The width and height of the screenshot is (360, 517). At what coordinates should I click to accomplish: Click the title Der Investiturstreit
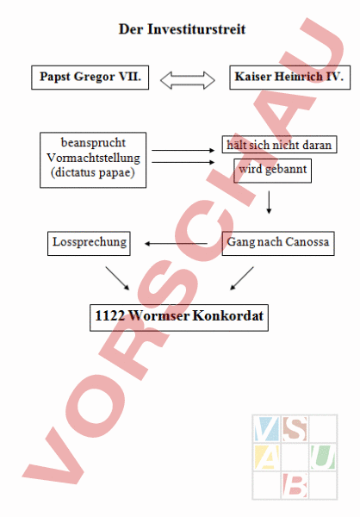182,29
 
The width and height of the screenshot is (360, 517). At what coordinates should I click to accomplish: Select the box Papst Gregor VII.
90,78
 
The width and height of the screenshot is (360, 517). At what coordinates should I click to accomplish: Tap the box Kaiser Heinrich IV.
289,78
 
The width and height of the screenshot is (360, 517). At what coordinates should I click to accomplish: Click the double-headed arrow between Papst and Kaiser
188,80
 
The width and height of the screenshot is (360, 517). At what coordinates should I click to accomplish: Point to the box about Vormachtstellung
93,160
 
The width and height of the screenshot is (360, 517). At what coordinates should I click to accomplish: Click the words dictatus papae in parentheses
93,172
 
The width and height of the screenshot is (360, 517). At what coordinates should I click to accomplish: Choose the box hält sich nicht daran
279,145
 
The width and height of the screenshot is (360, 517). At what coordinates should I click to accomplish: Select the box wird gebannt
273,171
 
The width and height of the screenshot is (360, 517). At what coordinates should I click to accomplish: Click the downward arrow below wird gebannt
269,202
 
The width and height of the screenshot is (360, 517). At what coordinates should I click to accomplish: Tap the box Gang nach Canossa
278,243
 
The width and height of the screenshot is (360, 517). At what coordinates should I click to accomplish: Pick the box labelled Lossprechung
89,243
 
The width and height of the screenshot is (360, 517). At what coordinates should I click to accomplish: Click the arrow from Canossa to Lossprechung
176,244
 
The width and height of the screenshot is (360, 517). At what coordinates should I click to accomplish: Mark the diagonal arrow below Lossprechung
117,278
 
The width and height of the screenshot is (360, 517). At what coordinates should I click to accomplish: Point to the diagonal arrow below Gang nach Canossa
242,278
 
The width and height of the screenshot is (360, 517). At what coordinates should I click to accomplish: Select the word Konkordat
228,315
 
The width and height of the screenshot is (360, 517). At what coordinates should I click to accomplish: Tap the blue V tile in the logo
266,428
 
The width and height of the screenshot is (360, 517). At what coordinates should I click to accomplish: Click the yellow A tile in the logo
266,457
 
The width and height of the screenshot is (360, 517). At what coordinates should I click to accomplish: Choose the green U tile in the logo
323,457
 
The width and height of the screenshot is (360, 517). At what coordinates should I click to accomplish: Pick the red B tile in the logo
295,485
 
